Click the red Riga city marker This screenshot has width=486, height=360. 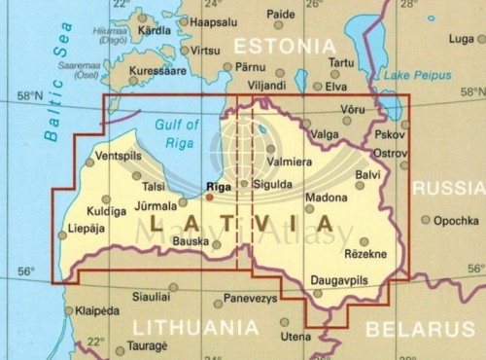209,196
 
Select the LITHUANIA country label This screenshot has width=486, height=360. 195,328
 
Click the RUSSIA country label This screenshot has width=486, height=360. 448,188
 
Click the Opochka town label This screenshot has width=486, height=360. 456,220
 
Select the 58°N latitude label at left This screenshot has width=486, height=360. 29,96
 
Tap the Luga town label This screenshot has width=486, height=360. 462,39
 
